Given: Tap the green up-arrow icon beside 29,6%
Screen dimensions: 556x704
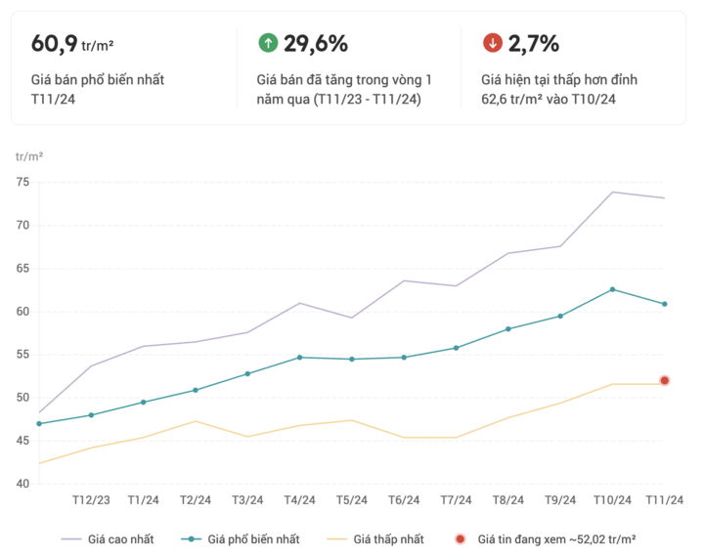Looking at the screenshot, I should (x=267, y=43).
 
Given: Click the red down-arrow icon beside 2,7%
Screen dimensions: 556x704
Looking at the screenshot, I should (x=493, y=43).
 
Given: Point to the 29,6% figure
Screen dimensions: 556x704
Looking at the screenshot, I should (x=316, y=43).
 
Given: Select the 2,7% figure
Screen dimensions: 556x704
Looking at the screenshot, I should (x=534, y=43).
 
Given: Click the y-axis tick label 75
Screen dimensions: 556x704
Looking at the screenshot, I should (x=22, y=183).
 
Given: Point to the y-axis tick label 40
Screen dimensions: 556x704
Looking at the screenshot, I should (x=22, y=484).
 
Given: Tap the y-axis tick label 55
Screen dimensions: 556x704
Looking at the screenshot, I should (x=22, y=355).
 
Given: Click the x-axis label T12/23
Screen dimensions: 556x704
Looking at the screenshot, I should (x=91, y=500).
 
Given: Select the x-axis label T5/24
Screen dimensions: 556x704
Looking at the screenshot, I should (x=352, y=500).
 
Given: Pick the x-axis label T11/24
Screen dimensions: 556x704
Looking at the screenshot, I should (x=664, y=500).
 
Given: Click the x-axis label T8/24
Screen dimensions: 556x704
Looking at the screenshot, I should (x=508, y=500).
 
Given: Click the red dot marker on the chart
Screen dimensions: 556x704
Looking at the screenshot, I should (x=665, y=380).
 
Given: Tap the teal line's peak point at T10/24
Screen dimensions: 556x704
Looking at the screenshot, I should (x=613, y=289).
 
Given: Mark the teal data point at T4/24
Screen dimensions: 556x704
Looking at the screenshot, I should (x=300, y=358).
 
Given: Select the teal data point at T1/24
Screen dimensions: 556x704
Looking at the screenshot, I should (x=144, y=403).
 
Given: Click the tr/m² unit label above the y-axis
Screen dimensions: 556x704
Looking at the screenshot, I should (x=29, y=156).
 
